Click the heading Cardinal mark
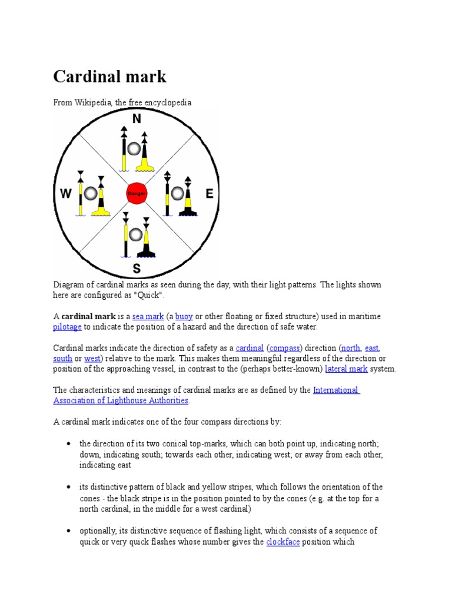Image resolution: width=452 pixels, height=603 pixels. pyautogui.click(x=110, y=77)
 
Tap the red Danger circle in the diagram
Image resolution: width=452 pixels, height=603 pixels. pyautogui.click(x=136, y=193)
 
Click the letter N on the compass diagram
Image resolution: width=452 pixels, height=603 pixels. pyautogui.click(x=137, y=120)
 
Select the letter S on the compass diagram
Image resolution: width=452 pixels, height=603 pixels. pyautogui.click(x=137, y=270)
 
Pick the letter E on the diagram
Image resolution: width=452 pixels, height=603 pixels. pyautogui.click(x=208, y=194)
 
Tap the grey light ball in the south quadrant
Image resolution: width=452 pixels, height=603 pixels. pyautogui.click(x=136, y=235)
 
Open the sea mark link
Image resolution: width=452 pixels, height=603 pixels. pyautogui.click(x=148, y=316)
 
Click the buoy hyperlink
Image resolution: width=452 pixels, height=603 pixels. pyautogui.click(x=184, y=316)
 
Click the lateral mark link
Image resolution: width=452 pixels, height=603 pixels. pyautogui.click(x=346, y=369)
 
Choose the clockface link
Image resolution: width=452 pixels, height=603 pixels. pyautogui.click(x=282, y=541)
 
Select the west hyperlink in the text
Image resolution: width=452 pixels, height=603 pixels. pyautogui.click(x=92, y=358)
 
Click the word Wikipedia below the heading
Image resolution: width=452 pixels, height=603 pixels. pyautogui.click(x=92, y=102)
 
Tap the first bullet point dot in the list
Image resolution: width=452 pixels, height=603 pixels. pyautogui.click(x=69, y=443)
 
